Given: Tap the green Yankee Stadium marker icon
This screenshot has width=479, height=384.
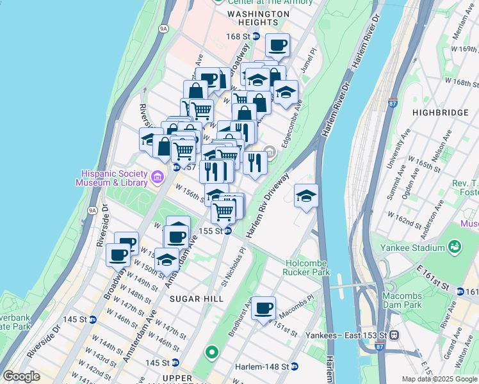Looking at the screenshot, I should point(455,246).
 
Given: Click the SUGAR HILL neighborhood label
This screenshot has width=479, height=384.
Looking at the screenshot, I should point(196,299).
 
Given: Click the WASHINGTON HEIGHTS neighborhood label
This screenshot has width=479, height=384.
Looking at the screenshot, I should point(258,17).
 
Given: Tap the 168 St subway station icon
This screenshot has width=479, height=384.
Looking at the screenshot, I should point(256,36).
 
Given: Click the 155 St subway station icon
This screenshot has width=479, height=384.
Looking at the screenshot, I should point(227,231).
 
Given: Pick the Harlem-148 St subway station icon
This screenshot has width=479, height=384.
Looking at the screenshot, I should point(295,366).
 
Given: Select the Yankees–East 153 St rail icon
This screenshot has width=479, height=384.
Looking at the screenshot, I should point(395,335).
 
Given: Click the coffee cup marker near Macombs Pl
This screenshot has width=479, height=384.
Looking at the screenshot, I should point(263,309).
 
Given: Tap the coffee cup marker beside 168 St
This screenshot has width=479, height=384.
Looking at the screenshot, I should point(277,45).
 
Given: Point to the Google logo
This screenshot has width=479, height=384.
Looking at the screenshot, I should point(21,376).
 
